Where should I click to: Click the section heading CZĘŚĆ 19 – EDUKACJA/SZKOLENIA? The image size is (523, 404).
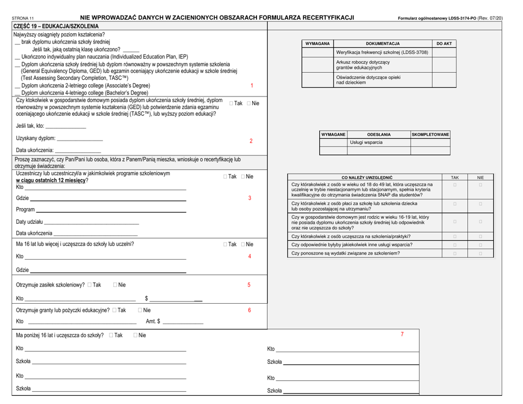[52, 26]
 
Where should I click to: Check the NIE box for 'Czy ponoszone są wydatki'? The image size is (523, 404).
[480, 253]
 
